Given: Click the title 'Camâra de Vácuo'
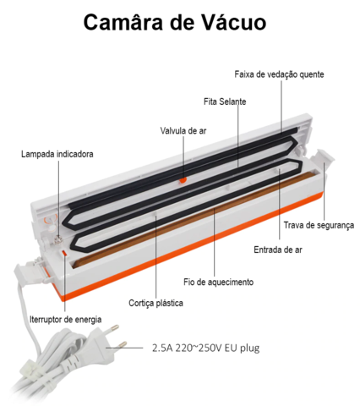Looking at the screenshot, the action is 175,22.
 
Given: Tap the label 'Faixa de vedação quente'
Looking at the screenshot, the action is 279,74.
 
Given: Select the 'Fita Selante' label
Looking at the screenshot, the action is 225,101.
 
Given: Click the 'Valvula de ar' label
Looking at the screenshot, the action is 183,131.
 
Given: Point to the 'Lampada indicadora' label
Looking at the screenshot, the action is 57,154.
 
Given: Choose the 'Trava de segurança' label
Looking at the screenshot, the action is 319,225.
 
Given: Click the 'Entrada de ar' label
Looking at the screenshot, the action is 278,250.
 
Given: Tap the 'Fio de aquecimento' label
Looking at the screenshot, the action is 218,282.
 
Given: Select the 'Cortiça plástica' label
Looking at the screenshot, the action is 155,303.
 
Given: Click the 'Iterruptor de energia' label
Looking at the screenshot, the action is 66,320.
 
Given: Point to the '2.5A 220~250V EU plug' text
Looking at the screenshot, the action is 205,348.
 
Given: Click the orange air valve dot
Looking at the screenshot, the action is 183,180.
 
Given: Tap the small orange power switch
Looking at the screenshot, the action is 64,253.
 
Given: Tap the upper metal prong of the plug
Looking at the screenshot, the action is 114,328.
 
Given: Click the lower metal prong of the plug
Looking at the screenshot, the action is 123,344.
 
